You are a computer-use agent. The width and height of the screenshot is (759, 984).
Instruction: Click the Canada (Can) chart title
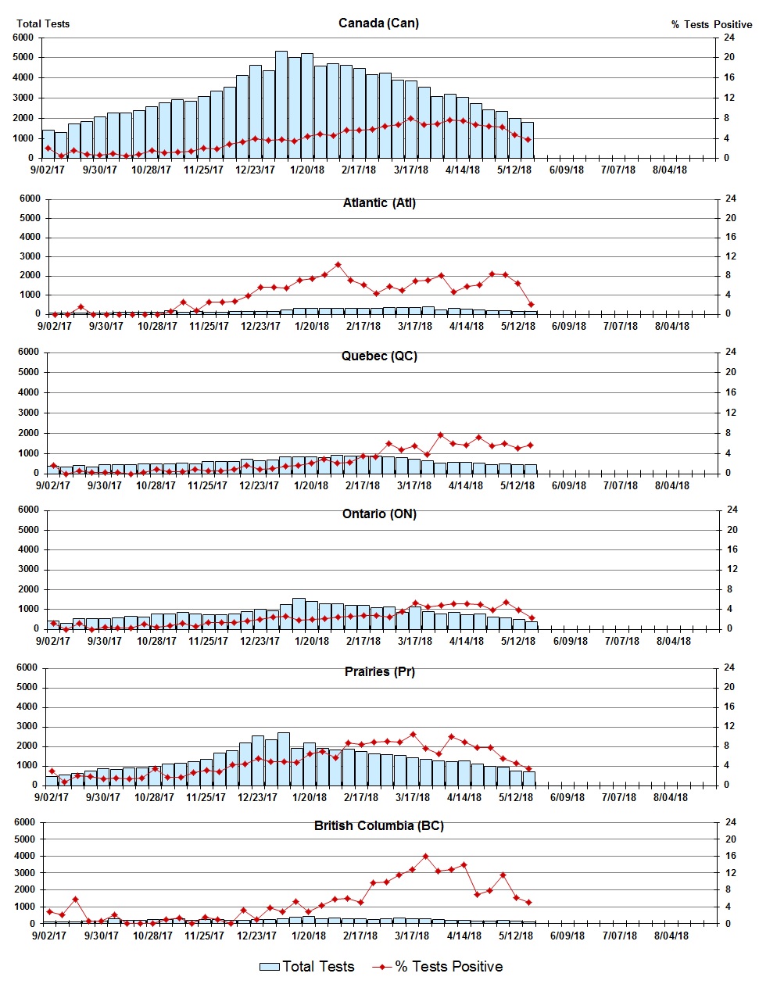click(378, 23)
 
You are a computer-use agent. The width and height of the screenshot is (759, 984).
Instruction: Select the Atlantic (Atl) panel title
click(379, 202)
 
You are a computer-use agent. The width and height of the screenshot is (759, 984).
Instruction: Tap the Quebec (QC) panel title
click(379, 356)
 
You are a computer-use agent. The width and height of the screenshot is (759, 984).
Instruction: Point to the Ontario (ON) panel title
click(379, 513)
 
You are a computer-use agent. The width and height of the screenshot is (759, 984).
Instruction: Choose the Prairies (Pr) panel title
click(379, 671)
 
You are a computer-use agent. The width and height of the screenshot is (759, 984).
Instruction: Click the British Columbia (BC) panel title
click(379, 825)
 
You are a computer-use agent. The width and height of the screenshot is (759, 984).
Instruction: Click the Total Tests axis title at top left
click(43, 23)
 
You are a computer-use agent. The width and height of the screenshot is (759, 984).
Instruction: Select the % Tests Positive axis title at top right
click(711, 24)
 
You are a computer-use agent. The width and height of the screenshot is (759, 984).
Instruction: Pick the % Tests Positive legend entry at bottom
click(439, 967)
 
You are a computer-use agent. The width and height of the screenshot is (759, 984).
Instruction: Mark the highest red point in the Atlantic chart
click(338, 265)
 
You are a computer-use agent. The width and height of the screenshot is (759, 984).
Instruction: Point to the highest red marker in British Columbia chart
click(425, 857)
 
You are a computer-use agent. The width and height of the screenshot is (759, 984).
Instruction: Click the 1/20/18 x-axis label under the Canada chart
click(307, 170)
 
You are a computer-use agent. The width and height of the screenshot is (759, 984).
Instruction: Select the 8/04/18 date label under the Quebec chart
click(671, 485)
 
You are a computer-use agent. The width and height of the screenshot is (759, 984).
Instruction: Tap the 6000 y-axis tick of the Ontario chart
click(28, 510)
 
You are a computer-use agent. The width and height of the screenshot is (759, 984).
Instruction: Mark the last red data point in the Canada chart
click(528, 140)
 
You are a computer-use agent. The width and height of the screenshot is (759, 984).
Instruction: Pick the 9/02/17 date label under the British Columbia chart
click(48, 936)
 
